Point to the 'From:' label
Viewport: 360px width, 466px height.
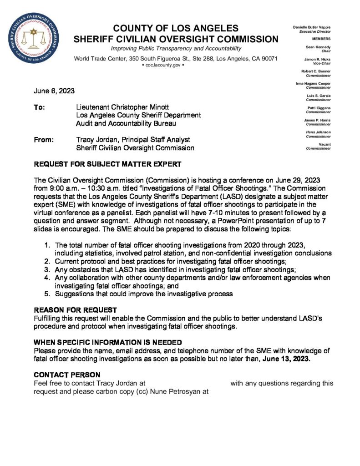44,140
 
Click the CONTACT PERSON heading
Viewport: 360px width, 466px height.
67,375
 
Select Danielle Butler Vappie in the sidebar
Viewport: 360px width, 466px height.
311,28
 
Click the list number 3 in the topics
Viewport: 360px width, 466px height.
47,269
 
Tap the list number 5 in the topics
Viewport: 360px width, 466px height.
47,294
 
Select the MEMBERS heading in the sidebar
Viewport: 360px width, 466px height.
321,39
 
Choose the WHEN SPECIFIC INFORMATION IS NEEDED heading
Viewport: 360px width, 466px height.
108,342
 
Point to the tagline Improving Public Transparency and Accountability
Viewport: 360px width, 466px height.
176,48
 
